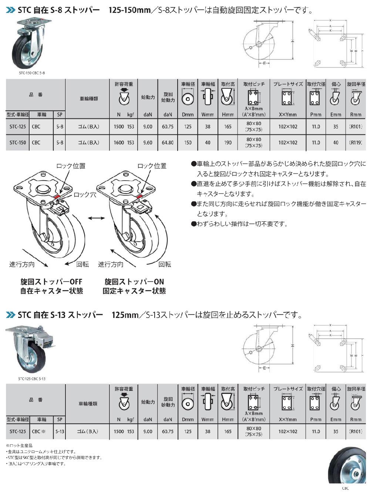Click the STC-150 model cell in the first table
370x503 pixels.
(x=18, y=142)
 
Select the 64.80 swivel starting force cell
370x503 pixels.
(x=168, y=142)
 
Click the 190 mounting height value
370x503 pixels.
(x=228, y=142)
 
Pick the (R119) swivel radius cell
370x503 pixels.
(x=356, y=142)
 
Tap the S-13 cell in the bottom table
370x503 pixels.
(x=60, y=431)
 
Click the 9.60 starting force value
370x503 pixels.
(x=148, y=142)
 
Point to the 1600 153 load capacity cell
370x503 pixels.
(x=124, y=142)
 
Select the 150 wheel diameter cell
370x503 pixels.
(x=188, y=142)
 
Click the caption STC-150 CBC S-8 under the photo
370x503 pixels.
(x=32, y=73)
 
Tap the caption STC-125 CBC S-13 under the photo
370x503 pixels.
(x=32, y=379)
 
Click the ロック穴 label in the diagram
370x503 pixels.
(x=85, y=194)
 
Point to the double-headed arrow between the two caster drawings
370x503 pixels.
(x=96, y=219)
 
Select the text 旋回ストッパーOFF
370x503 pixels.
(x=51, y=282)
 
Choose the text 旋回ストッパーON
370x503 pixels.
(x=134, y=282)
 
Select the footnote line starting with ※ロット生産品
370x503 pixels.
(x=19, y=445)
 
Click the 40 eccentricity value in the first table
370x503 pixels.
(x=336, y=142)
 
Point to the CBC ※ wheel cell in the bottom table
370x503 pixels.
(x=38, y=431)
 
